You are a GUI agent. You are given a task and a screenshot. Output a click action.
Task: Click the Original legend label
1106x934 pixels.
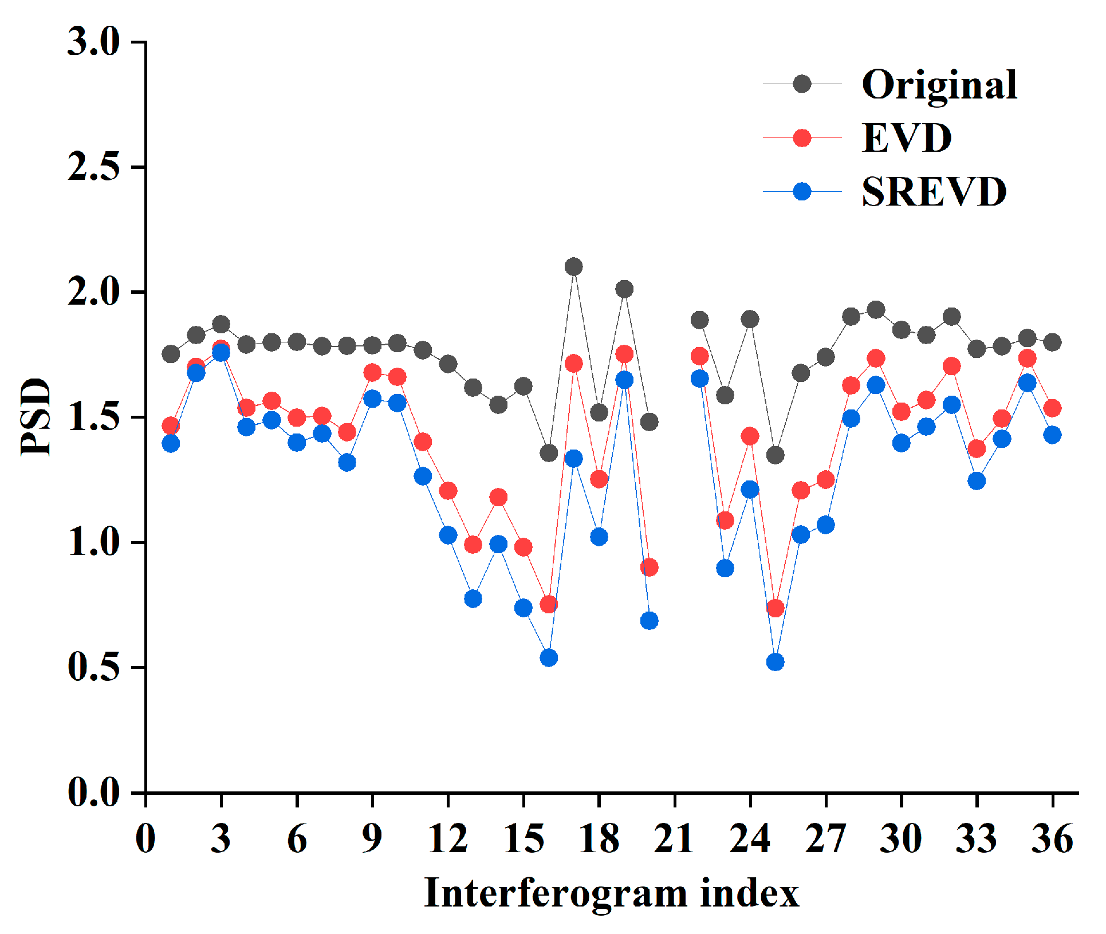click(939, 85)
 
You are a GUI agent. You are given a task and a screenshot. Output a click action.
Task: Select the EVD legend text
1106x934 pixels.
click(907, 138)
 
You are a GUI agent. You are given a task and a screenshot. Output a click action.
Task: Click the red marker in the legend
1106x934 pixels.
click(802, 138)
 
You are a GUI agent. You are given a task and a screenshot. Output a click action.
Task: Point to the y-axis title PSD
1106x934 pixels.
click(36, 417)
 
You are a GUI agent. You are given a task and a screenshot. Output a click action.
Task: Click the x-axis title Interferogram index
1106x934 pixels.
click(611, 893)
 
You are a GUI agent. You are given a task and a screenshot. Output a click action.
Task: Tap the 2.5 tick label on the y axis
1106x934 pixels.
click(93, 167)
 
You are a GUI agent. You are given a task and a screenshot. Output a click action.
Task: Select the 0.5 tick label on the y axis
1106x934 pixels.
click(93, 667)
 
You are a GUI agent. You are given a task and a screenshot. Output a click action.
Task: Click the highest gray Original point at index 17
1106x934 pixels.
click(573, 266)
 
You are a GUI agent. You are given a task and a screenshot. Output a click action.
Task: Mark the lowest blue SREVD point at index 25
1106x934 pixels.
click(775, 662)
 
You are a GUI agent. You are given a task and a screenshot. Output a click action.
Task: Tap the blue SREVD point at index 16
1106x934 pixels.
click(549, 657)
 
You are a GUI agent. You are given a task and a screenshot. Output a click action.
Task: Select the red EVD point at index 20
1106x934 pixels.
click(649, 568)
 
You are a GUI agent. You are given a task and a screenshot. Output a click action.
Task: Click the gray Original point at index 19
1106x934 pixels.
click(624, 289)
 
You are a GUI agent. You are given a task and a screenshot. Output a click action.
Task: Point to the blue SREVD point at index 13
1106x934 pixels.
click(473, 599)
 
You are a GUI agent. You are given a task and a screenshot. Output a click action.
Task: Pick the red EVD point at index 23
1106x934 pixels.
click(725, 521)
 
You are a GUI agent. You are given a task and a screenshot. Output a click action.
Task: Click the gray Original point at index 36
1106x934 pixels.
click(1052, 342)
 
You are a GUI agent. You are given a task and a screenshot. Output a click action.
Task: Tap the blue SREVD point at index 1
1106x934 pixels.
click(171, 443)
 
